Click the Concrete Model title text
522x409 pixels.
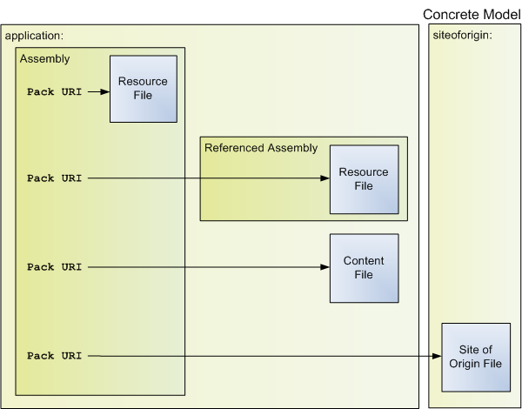(x=471, y=14)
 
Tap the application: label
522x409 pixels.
(x=35, y=37)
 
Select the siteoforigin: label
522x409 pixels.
(x=461, y=37)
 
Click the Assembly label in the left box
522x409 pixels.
(x=44, y=58)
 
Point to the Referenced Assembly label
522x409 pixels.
(x=261, y=147)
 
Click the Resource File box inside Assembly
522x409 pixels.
(x=143, y=89)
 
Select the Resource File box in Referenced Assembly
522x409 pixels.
(x=363, y=179)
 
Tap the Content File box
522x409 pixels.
(x=364, y=268)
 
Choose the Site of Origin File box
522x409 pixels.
(x=474, y=357)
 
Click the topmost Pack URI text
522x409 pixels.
(x=54, y=91)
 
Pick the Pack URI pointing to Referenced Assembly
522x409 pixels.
(x=54, y=178)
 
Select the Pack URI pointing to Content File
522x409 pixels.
(x=54, y=267)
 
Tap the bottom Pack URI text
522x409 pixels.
(x=54, y=355)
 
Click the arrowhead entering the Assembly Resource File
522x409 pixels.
(x=104, y=90)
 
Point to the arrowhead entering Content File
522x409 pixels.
(x=325, y=267)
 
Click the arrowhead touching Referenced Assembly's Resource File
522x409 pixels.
(x=325, y=178)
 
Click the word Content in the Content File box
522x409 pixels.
(x=364, y=261)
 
